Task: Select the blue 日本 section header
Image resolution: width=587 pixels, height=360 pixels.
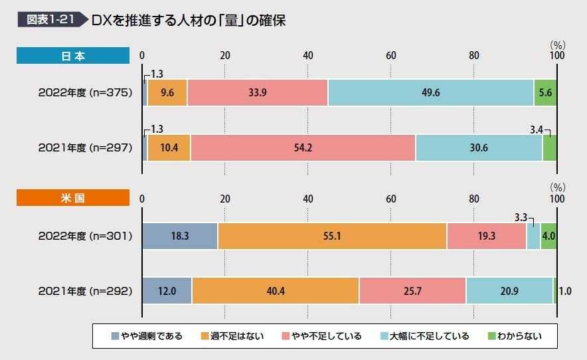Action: tap(73, 56)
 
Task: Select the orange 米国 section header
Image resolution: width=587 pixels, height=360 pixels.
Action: tap(73, 198)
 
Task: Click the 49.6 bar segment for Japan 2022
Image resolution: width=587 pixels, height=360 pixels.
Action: tap(430, 93)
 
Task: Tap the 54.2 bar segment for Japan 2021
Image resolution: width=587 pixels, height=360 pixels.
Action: tap(303, 147)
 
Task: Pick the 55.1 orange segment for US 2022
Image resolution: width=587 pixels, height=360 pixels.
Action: tap(331, 236)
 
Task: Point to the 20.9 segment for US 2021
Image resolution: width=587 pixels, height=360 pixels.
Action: tap(509, 290)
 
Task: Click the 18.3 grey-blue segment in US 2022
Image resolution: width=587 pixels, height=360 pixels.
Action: tap(179, 236)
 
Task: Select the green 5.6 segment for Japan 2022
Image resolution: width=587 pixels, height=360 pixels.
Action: tap(545, 93)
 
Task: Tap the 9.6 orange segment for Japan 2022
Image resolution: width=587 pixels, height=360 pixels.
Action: tap(167, 93)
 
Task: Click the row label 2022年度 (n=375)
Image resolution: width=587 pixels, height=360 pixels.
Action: tap(86, 93)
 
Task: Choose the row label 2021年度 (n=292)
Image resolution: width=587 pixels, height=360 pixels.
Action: tap(86, 290)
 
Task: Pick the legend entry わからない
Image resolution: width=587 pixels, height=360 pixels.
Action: tap(514, 336)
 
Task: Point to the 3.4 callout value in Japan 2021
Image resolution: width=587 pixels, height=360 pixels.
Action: tap(536, 124)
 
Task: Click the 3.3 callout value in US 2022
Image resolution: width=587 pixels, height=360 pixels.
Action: tap(521, 217)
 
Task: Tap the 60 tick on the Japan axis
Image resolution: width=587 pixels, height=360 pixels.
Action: tap(391, 55)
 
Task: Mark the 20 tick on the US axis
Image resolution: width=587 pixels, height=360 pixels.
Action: tap(225, 199)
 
